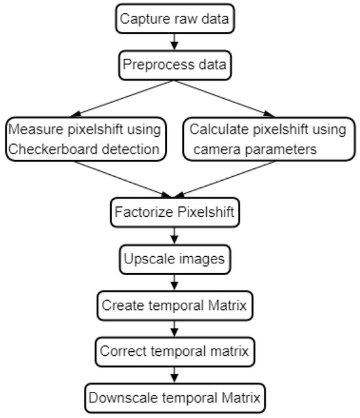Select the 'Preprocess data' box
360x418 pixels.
click(x=174, y=65)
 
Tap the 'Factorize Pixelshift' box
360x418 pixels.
click(x=174, y=212)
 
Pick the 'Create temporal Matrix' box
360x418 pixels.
click(x=174, y=305)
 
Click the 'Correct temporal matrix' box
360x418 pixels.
click(x=174, y=351)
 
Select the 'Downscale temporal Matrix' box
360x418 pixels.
click(x=174, y=398)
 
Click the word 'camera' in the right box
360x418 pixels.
click(x=217, y=149)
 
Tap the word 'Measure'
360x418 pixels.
click(x=35, y=129)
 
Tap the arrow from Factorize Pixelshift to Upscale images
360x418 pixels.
click(x=174, y=235)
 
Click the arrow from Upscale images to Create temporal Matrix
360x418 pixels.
click(x=174, y=282)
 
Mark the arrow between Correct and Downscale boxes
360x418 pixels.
click(x=174, y=375)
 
